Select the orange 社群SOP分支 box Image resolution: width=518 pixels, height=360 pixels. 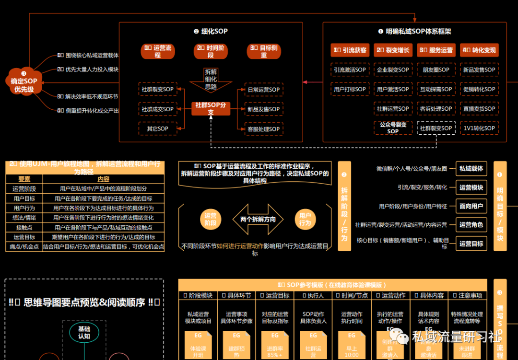point(211,109)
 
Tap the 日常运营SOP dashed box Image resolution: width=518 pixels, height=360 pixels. point(263,90)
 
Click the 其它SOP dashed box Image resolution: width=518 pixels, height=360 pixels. point(157,128)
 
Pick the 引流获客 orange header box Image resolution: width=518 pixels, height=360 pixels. point(350,50)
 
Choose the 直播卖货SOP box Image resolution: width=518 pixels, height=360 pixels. point(479,109)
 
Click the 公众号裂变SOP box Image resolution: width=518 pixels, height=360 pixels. point(393,128)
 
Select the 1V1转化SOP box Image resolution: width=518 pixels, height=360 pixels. point(479,128)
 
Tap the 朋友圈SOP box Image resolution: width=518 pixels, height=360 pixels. point(436,70)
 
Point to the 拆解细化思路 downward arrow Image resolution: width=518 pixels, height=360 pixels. point(211,81)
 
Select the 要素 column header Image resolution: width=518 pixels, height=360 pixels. point(24,179)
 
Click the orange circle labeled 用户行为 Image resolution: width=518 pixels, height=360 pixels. point(305,219)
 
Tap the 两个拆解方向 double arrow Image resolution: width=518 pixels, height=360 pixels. point(258,219)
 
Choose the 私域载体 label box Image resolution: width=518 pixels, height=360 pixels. point(471,169)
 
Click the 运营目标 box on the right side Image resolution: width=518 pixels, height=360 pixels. point(471,244)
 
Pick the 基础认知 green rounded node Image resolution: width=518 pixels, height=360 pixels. point(84,333)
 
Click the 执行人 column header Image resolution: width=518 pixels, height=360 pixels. point(314,295)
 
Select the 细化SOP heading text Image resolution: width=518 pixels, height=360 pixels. point(211,32)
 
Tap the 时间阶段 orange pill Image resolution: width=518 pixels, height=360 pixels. point(211,52)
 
